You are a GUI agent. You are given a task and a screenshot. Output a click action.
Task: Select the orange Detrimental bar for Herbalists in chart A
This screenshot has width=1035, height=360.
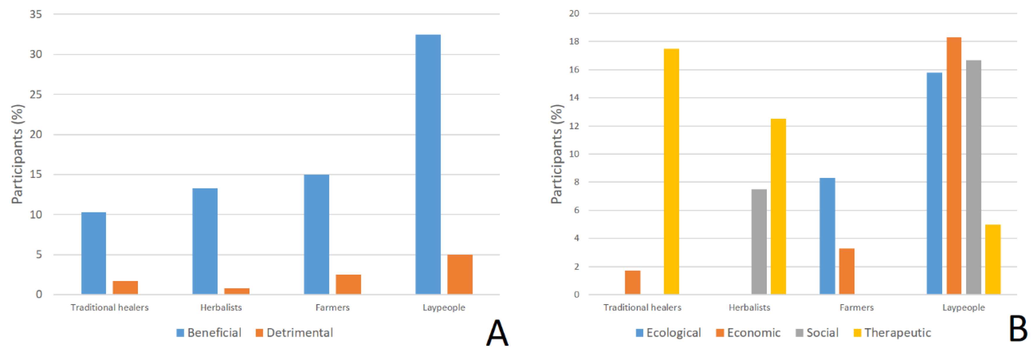[237, 291]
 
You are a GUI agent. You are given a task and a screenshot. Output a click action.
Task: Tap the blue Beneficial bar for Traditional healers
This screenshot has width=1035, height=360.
[94, 253]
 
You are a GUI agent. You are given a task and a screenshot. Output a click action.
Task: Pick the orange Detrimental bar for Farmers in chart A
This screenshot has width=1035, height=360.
[348, 284]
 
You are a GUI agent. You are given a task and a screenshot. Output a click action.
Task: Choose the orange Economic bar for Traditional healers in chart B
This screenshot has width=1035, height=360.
[632, 282]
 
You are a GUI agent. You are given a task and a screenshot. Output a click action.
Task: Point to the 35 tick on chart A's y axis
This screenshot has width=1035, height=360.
[36, 14]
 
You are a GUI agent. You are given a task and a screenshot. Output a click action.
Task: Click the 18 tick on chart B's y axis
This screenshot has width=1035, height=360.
[574, 41]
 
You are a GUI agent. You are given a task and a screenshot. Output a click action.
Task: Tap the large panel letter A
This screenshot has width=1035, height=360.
[497, 333]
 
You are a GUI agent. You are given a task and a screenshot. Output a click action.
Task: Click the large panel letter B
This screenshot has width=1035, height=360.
[1018, 329]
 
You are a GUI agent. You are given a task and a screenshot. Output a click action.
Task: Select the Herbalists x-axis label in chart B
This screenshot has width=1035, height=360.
[749, 307]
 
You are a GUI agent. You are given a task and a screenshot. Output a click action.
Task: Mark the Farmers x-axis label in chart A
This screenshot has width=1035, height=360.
[332, 307]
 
